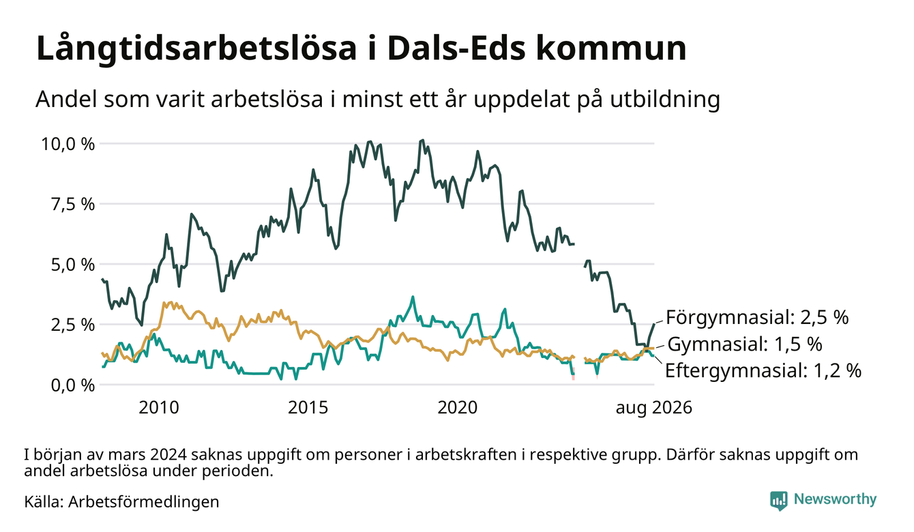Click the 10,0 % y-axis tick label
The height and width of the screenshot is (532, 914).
pos(68,145)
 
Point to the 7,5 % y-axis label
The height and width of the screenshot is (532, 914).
pos(72,205)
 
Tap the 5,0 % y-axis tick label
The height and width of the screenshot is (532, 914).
pos(72,265)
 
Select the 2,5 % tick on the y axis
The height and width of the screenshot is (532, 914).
pos(72,325)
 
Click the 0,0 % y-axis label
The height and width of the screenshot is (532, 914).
pos(72,385)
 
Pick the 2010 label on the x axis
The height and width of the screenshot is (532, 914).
pos(159,408)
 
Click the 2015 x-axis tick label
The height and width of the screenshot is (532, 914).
pos(308,408)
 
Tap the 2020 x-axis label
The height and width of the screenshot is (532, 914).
pos(458,408)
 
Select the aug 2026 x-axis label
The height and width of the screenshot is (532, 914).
pos(654,408)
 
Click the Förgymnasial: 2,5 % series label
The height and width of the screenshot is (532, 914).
pos(757,317)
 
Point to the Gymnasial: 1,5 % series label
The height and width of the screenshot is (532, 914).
pos(745,344)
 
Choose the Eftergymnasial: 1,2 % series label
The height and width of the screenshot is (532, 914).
pos(763,371)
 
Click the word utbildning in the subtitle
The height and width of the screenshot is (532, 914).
pos(665,100)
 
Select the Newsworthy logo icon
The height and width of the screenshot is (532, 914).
pos(779,501)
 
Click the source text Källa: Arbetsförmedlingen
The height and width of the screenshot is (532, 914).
pos(121,502)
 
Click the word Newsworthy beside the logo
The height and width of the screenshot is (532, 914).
pos(835,499)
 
